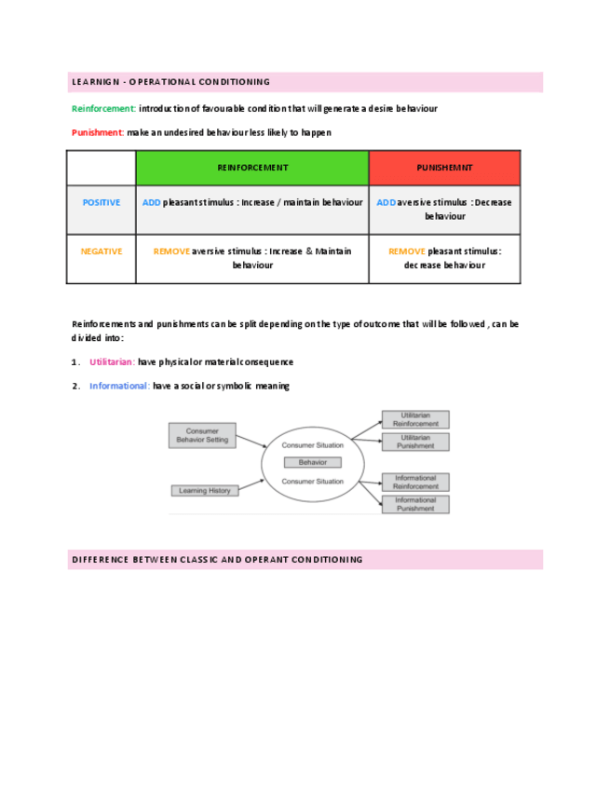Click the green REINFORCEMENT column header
pos(252,168)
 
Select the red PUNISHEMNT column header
pos(444,168)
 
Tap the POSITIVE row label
pos(102,202)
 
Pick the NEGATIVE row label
pos(102,252)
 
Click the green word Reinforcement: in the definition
pos(103,109)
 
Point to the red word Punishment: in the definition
pos(98,132)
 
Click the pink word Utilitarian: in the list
pos(112,361)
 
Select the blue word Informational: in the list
pos(119,386)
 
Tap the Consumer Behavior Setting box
pos(202,435)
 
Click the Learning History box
pos(202,490)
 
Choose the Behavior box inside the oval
pos(313,462)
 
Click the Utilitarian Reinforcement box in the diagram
pos(415,419)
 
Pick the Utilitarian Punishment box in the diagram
pos(415,442)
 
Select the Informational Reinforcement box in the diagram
pos(415,482)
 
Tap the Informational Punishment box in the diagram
pos(415,504)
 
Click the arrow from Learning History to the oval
pos(251,486)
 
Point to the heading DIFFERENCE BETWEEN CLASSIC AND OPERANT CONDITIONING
pos(217,560)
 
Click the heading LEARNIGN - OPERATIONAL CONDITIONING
pos(170,82)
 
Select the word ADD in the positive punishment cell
pos(386,202)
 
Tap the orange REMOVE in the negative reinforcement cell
pos(171,252)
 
